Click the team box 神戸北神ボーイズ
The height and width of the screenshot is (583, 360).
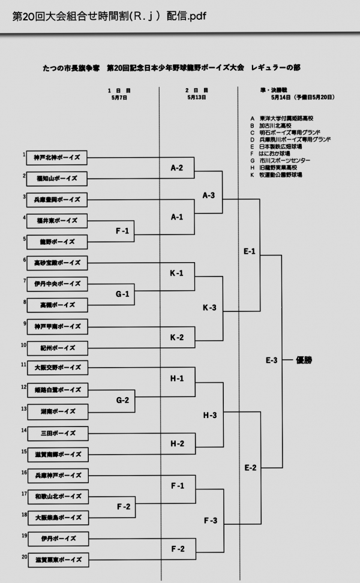coord(58,158)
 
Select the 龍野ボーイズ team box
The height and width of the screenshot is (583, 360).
coord(58,241)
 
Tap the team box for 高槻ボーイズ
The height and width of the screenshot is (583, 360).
coord(58,305)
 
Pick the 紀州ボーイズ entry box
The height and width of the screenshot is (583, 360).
coord(58,348)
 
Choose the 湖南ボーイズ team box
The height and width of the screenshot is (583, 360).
coord(58,411)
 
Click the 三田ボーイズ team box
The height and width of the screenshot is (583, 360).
coord(58,432)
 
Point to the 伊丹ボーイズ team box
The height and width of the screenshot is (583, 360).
coord(58,538)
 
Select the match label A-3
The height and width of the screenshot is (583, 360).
coord(209,195)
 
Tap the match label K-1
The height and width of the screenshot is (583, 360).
coord(176,273)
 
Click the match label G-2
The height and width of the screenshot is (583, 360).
coord(122,399)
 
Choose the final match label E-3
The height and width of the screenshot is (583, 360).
coord(271,360)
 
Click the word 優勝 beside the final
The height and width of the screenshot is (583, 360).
coord(304,360)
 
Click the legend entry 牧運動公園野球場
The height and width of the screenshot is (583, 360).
coord(281,175)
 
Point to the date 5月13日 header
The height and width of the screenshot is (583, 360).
coord(196,97)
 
